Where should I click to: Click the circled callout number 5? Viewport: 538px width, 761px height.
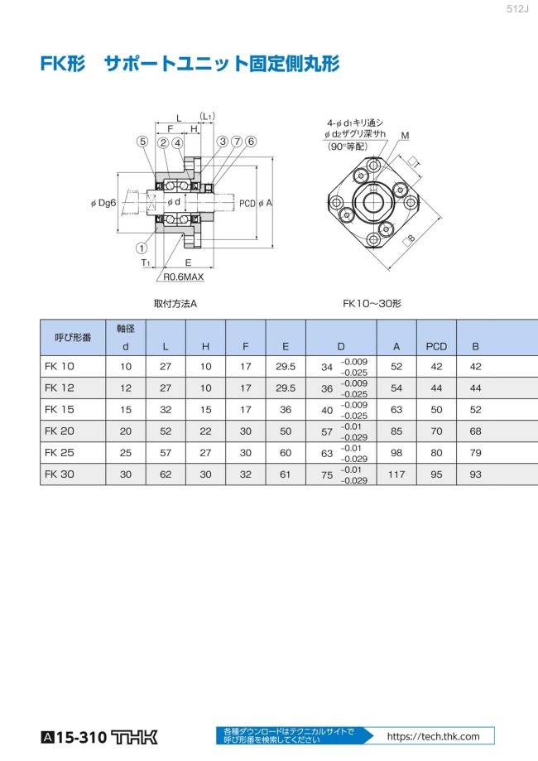(142, 142)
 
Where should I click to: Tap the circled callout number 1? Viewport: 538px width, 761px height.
(142, 248)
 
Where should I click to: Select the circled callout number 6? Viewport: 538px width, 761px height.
(250, 142)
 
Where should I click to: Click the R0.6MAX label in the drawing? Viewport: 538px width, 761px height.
(184, 277)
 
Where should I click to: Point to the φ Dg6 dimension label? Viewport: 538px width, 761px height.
(103, 203)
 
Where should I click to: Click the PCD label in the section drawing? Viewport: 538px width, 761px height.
(247, 204)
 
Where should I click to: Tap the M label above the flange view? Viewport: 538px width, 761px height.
(405, 136)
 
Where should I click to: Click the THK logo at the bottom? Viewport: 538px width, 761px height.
(134, 737)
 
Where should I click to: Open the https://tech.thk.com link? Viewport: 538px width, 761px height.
(433, 736)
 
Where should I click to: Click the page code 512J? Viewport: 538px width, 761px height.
(517, 9)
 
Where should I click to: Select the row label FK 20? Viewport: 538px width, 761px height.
(60, 431)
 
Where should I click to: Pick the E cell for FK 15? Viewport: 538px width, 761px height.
(286, 410)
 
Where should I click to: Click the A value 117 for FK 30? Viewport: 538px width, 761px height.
(396, 474)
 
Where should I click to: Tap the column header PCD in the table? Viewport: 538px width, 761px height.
(436, 346)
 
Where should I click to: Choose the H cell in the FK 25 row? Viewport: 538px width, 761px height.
(206, 453)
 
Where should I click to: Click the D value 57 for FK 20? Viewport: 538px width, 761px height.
(327, 431)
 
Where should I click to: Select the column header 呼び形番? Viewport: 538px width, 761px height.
(73, 337)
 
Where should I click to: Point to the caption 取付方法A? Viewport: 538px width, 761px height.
(175, 304)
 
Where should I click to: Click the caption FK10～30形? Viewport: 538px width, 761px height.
(372, 304)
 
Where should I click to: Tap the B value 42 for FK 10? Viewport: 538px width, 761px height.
(475, 367)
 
